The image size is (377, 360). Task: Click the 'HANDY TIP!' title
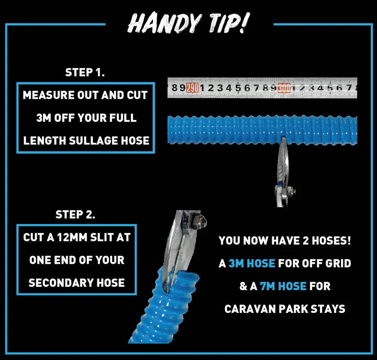(x=188, y=23)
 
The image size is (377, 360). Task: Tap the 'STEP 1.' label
(x=85, y=72)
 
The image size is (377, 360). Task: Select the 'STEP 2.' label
(x=75, y=215)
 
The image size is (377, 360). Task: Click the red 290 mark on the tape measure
(x=193, y=88)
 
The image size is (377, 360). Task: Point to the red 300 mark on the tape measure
(x=284, y=88)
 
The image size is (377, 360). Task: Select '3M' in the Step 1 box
(x=43, y=118)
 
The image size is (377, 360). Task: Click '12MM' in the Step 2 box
(x=72, y=238)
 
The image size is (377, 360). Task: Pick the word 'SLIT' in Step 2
(x=102, y=238)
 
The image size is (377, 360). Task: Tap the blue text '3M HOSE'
(x=252, y=263)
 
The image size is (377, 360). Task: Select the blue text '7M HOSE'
(x=283, y=286)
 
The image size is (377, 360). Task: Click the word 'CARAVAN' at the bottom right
(x=250, y=309)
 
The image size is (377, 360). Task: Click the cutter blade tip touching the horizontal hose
(x=283, y=139)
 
